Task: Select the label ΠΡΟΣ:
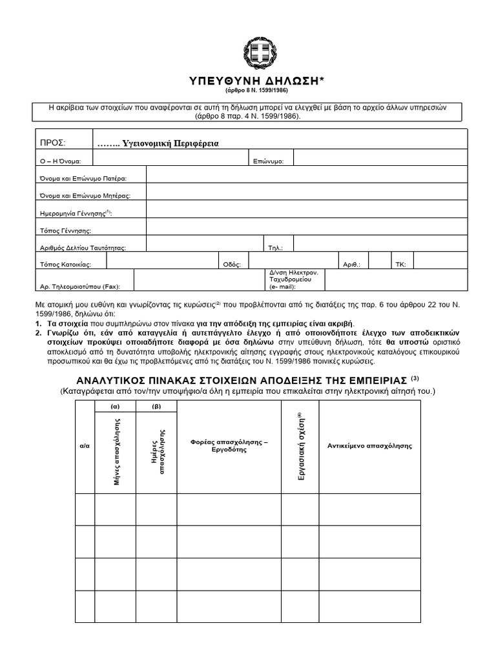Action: [x=53, y=143]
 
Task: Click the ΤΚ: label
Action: [x=400, y=264]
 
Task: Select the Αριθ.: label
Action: [x=355, y=264]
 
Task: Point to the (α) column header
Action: [x=115, y=407]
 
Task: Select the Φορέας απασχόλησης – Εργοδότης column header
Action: [x=229, y=445]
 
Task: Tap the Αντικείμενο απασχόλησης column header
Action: [x=369, y=445]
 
